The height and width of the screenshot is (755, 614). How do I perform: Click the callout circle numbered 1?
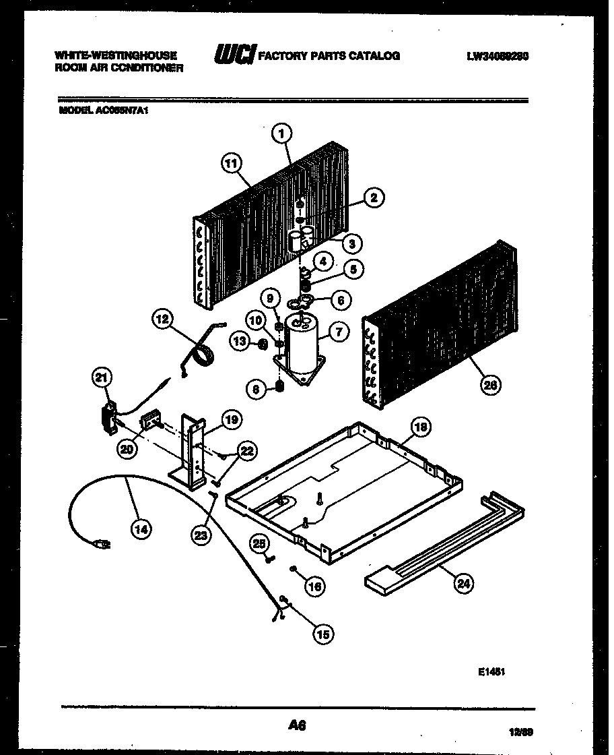pos(282,133)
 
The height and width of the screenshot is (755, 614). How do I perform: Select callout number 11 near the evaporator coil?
pos(231,161)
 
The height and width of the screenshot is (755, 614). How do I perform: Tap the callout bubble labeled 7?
pos(339,332)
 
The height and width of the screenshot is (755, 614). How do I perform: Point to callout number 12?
pos(162,320)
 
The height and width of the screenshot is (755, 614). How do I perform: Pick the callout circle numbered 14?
pos(139,529)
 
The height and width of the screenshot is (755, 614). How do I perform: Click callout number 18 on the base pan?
pos(420,427)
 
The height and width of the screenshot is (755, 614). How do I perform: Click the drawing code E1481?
pos(493,671)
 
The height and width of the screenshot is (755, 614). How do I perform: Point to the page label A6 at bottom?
pos(297,725)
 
